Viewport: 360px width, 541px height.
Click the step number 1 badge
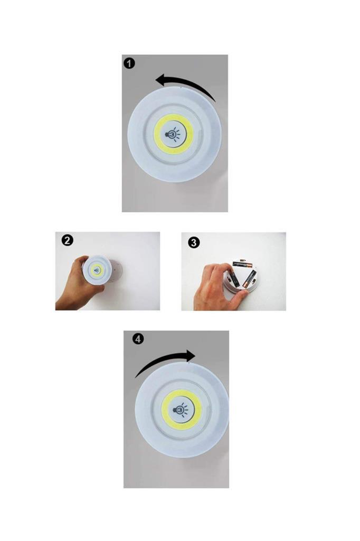(129, 63)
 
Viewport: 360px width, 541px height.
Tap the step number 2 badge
(67, 240)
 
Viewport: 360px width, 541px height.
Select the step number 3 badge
(193, 242)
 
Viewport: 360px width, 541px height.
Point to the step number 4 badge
(138, 339)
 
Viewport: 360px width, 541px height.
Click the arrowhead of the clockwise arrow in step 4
(190, 356)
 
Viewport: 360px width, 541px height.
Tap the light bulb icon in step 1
(173, 134)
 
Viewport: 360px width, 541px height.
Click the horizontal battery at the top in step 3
(243, 264)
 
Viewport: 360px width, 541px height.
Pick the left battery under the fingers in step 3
(234, 279)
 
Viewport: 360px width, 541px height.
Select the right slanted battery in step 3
(249, 279)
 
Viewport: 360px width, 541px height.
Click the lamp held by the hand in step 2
(97, 270)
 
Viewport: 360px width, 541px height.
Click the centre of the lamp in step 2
(97, 270)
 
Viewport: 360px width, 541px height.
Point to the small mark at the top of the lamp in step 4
(188, 362)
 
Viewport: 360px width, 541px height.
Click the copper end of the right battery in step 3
(245, 285)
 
